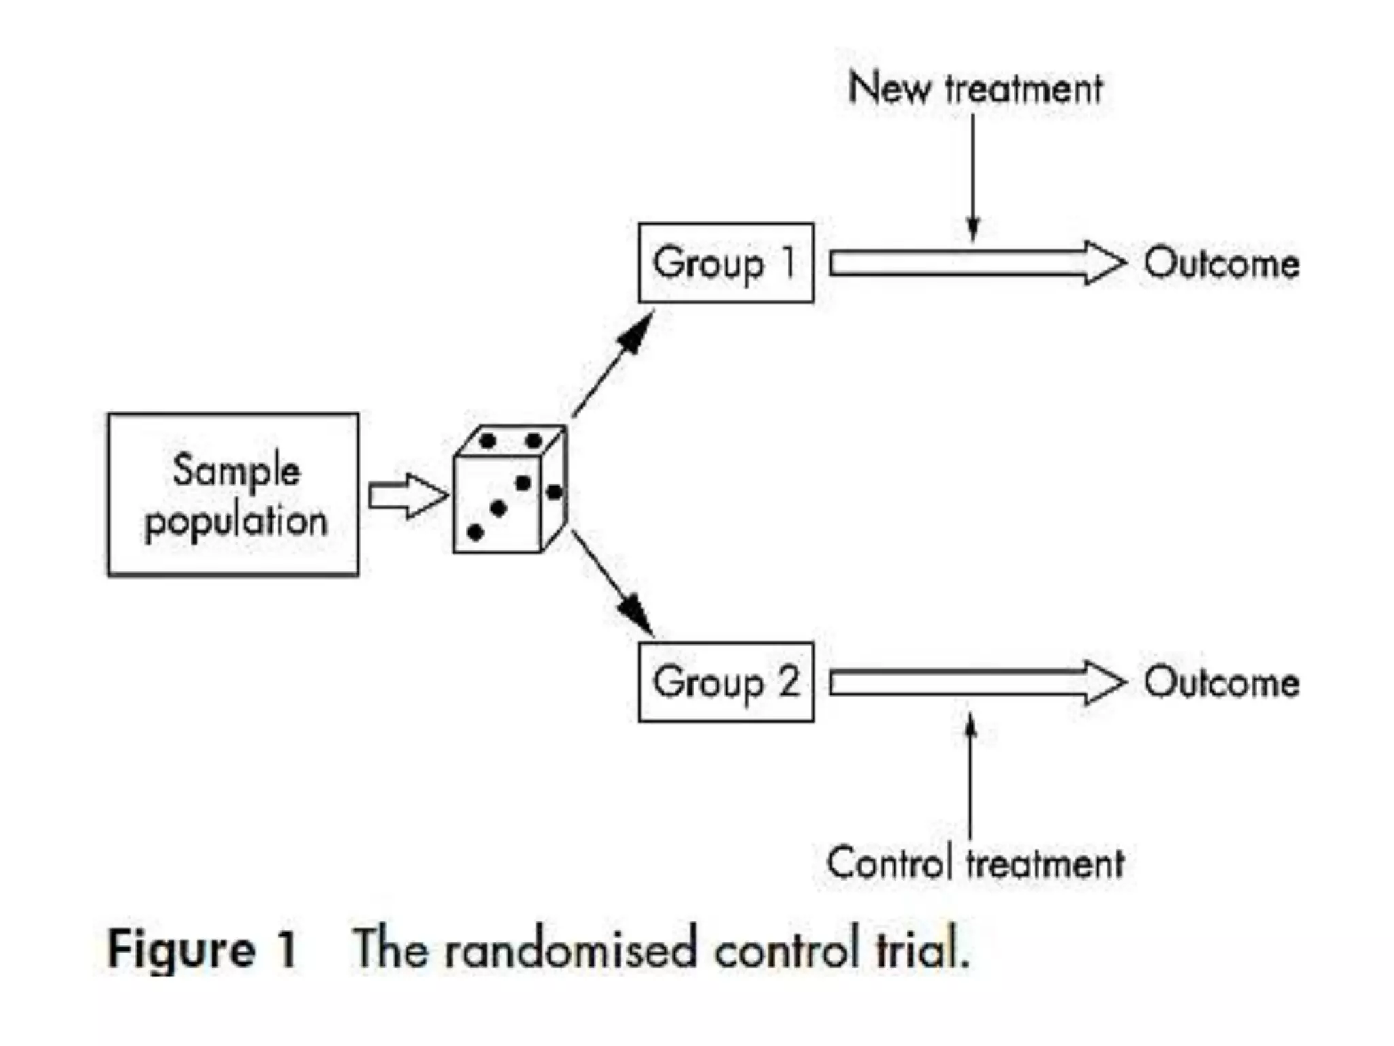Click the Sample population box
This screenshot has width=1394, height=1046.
(x=233, y=495)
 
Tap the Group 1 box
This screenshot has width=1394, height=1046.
(x=726, y=263)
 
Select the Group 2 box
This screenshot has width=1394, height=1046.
(x=726, y=682)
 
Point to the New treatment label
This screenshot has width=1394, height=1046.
(x=975, y=89)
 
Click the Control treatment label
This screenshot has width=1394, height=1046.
(x=975, y=863)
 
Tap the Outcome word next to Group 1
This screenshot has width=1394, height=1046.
(x=1221, y=263)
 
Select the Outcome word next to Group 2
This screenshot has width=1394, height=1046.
(x=1221, y=682)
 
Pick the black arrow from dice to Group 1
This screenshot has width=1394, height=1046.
(x=613, y=364)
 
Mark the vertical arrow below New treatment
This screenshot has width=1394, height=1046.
(x=973, y=177)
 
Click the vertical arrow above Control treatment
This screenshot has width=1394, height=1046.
(x=971, y=776)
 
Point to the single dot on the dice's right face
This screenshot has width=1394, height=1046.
(x=554, y=492)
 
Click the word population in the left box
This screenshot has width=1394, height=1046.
(x=236, y=522)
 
